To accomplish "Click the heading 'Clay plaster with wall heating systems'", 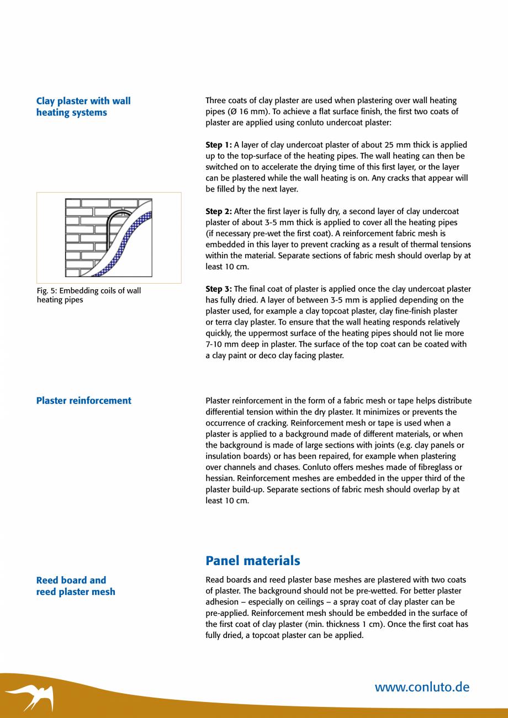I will click(83, 107).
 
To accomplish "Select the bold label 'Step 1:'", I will click(219, 145).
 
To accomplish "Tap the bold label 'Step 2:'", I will click(219, 211).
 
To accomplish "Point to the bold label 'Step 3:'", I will click(219, 289).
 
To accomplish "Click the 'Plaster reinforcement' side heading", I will click(84, 401).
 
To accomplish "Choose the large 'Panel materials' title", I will click(253, 561).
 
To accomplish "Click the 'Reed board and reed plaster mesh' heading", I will click(76, 586).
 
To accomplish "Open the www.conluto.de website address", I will click(422, 687).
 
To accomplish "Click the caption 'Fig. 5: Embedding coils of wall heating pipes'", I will click(88, 295).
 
